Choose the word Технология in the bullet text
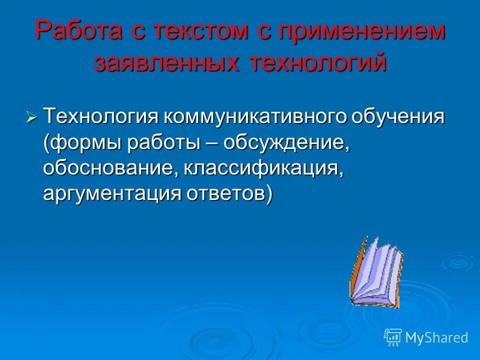[100, 118]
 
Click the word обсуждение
[284, 144]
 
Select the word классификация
[264, 168]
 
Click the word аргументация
[110, 193]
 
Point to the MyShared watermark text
[436, 337]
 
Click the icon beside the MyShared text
[392, 337]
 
